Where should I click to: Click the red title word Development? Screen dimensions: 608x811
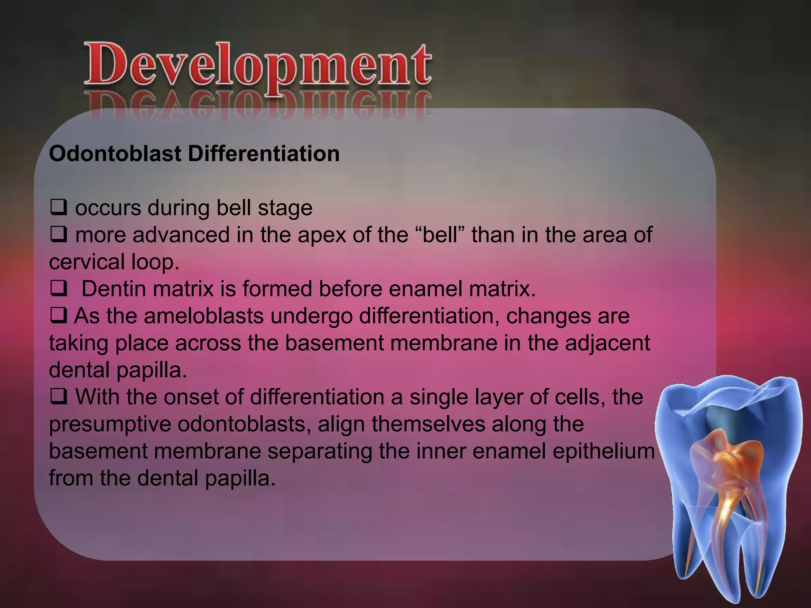[x=257, y=65]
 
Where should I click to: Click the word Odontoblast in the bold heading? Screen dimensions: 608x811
[x=115, y=154]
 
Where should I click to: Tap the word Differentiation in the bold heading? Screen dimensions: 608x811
[x=263, y=154]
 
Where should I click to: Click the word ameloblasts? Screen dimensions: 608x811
[x=204, y=316]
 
